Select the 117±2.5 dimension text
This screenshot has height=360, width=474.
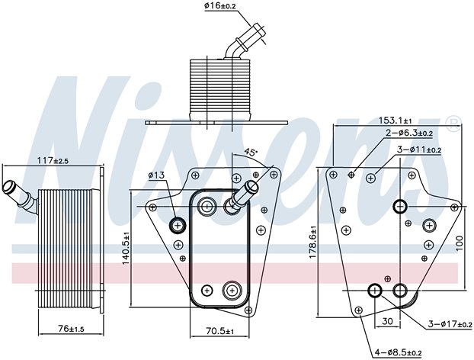pyautogui.click(x=51, y=161)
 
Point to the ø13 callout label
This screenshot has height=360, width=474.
pyautogui.click(x=158, y=176)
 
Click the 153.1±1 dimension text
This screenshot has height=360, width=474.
pyautogui.click(x=396, y=121)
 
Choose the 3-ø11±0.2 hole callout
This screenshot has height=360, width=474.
pyautogui.click(x=420, y=149)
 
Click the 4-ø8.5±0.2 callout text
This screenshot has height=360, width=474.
pyautogui.click(x=399, y=352)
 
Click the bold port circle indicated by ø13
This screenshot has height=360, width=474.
pyautogui.click(x=178, y=224)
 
